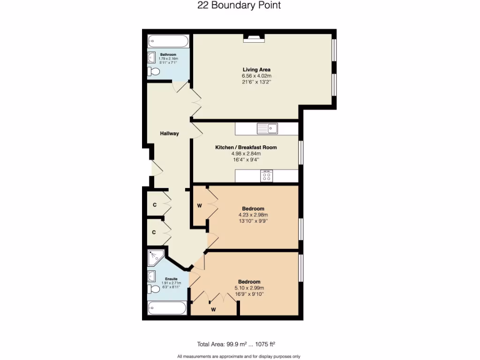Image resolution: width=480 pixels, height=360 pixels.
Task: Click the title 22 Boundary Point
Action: click(x=240, y=6)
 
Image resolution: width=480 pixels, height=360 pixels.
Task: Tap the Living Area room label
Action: click(x=256, y=70)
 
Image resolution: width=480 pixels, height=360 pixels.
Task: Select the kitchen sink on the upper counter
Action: click(x=267, y=128)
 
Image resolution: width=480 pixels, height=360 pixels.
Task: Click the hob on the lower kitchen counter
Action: click(x=267, y=176)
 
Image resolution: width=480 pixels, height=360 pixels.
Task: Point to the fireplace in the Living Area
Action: click(x=254, y=38)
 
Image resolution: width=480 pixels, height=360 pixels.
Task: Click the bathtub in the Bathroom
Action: click(x=168, y=42)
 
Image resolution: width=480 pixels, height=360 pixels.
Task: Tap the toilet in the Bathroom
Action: click(x=154, y=72)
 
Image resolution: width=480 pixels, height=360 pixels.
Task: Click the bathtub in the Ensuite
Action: click(x=167, y=308)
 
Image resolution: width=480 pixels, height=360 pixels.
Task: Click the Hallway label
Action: click(x=169, y=134)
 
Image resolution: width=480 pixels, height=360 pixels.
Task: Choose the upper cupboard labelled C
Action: click(x=154, y=205)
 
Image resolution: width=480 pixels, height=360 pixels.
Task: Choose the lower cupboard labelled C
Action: click(x=154, y=232)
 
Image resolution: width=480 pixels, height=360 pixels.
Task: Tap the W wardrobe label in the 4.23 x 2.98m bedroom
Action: click(x=199, y=205)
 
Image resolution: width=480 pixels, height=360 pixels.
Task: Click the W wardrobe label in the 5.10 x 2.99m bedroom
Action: click(x=213, y=309)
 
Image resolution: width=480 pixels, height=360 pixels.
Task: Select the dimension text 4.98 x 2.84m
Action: click(x=246, y=153)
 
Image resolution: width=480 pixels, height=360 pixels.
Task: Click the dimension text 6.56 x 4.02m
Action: click(x=256, y=76)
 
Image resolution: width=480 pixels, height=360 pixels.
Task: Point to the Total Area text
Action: click(x=240, y=344)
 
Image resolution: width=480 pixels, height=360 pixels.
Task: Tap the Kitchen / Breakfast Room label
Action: click(x=246, y=147)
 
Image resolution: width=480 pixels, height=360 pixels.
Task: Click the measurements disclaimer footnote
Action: click(x=240, y=356)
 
